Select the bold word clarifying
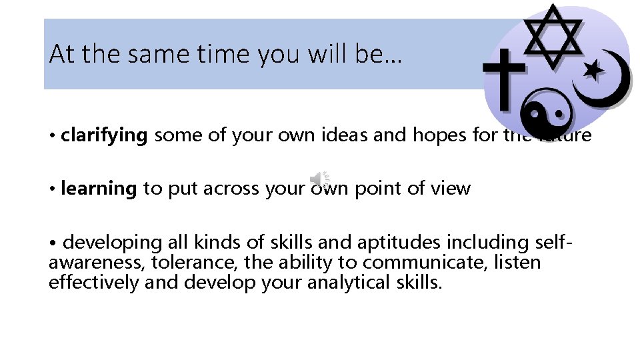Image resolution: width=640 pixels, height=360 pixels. click(x=103, y=136)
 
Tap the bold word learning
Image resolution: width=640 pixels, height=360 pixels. click(x=98, y=189)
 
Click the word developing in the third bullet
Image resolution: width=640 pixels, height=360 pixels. click(x=113, y=241)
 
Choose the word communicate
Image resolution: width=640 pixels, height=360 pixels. click(x=426, y=262)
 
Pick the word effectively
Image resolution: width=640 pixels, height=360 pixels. click(x=94, y=282)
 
